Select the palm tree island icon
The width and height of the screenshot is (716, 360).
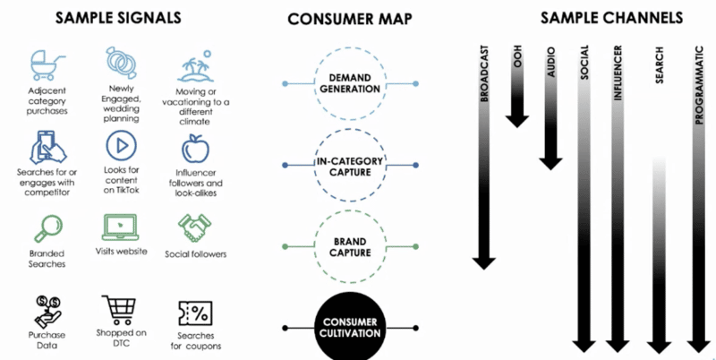click(x=194, y=65)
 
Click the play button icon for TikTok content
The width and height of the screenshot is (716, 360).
click(x=120, y=144)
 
